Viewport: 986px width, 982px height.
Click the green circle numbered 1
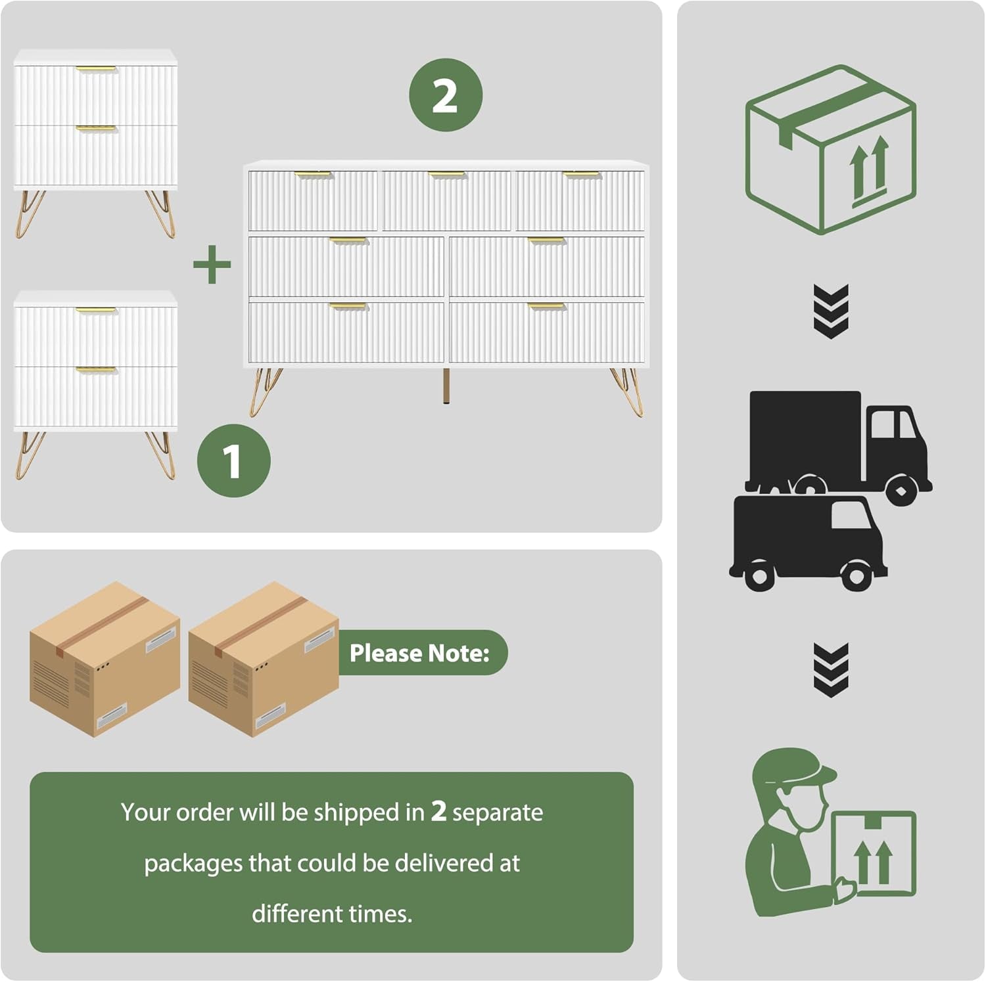tap(233, 460)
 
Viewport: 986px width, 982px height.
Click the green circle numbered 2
tap(446, 95)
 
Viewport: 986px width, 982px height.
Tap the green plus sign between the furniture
tap(212, 264)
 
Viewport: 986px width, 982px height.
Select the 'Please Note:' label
tap(420, 653)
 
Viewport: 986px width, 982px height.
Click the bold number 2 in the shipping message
tap(438, 812)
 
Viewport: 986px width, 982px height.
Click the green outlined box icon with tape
tap(830, 150)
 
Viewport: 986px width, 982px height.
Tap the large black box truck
tap(835, 440)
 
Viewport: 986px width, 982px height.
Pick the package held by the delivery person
tap(874, 854)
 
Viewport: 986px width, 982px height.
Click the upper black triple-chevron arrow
tap(831, 311)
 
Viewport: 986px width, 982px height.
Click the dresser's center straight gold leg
tap(447, 386)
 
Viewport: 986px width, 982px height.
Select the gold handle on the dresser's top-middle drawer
tap(446, 175)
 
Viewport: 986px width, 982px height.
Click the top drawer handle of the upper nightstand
tap(96, 68)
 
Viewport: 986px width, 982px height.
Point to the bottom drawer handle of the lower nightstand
tap(96, 370)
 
